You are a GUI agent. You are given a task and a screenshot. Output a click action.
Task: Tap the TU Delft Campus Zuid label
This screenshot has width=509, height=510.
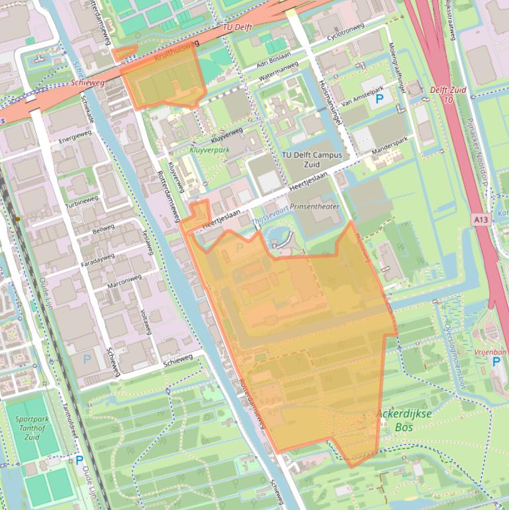tap(312, 159)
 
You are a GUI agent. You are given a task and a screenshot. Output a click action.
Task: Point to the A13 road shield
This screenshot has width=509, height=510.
tap(481, 219)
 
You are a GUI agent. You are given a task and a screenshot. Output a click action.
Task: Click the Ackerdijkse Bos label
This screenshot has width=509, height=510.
tap(404, 421)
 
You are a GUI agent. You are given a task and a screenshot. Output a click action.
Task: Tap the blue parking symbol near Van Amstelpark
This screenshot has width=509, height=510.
tap(379, 100)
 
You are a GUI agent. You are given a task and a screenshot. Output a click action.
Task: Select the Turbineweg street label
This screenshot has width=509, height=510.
tap(83, 199)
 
